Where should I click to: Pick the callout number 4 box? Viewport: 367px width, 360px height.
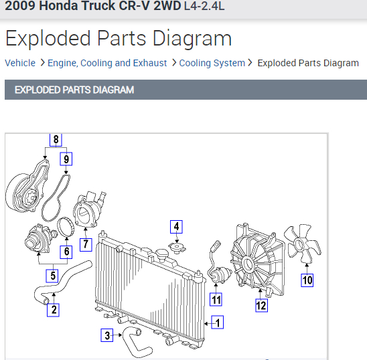(176, 226)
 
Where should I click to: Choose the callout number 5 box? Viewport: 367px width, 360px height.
(52, 275)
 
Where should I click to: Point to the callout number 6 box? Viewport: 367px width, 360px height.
(66, 252)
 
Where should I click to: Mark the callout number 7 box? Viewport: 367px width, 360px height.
(86, 244)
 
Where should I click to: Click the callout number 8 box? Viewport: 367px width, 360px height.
(56, 140)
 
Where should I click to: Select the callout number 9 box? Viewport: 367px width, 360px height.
(66, 159)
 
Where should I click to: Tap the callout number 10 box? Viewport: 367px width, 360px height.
(307, 280)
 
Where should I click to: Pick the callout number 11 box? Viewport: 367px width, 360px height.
(216, 299)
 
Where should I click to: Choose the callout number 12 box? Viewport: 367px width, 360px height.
(261, 306)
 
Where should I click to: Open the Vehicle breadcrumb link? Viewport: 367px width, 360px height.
(20, 63)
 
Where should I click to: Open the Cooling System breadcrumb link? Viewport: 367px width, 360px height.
(212, 63)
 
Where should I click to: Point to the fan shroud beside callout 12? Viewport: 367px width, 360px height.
(257, 261)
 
